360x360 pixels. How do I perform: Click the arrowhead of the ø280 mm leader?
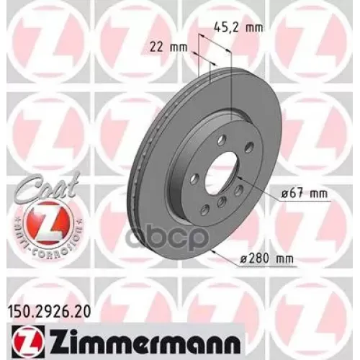[x=215, y=252]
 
